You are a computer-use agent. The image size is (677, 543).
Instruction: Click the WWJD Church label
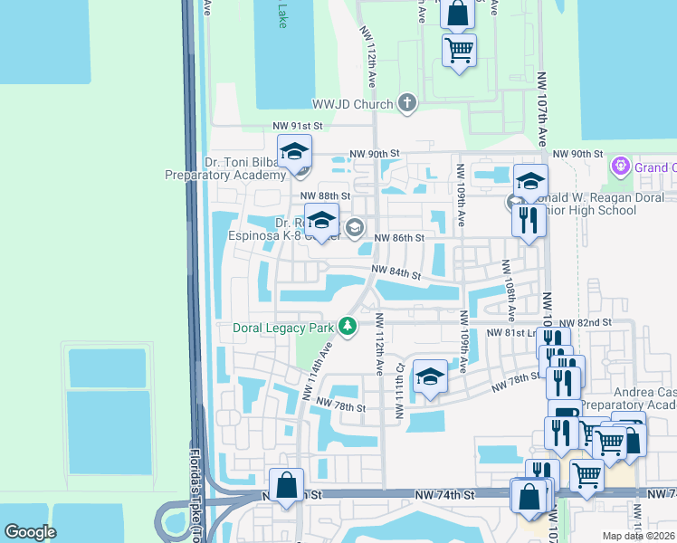(x=352, y=104)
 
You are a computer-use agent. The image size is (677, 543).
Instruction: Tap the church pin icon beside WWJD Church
(x=406, y=103)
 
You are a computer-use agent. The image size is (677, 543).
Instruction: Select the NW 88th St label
(x=325, y=195)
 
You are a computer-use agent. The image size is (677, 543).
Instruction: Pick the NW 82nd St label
(x=586, y=322)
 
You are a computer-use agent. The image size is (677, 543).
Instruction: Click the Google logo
(x=30, y=532)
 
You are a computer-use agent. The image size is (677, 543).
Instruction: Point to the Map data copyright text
(x=639, y=536)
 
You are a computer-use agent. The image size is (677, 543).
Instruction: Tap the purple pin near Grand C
(x=620, y=167)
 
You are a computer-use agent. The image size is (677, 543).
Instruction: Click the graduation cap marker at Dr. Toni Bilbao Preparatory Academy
(x=294, y=151)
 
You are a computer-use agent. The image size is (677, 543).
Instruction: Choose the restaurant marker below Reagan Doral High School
(x=529, y=220)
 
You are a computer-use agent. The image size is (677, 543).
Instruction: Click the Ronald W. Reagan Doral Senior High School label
(x=597, y=205)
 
